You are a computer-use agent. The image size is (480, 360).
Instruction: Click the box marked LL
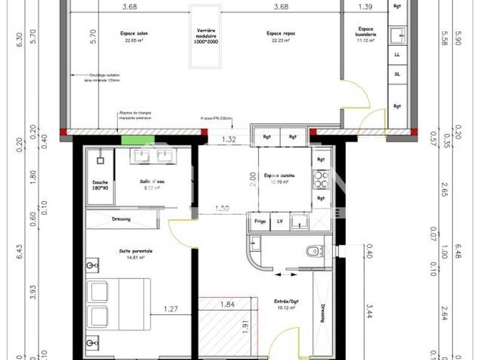(x=397, y=54)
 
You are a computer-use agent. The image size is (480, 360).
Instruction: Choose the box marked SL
(x=397, y=74)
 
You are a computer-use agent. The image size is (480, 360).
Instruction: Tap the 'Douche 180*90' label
(x=100, y=185)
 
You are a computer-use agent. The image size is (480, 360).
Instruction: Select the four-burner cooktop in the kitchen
(x=320, y=178)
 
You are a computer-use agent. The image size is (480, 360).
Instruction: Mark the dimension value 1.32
(x=227, y=139)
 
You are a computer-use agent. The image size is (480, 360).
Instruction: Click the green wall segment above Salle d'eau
(x=133, y=140)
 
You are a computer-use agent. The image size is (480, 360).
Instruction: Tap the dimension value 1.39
(x=364, y=7)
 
